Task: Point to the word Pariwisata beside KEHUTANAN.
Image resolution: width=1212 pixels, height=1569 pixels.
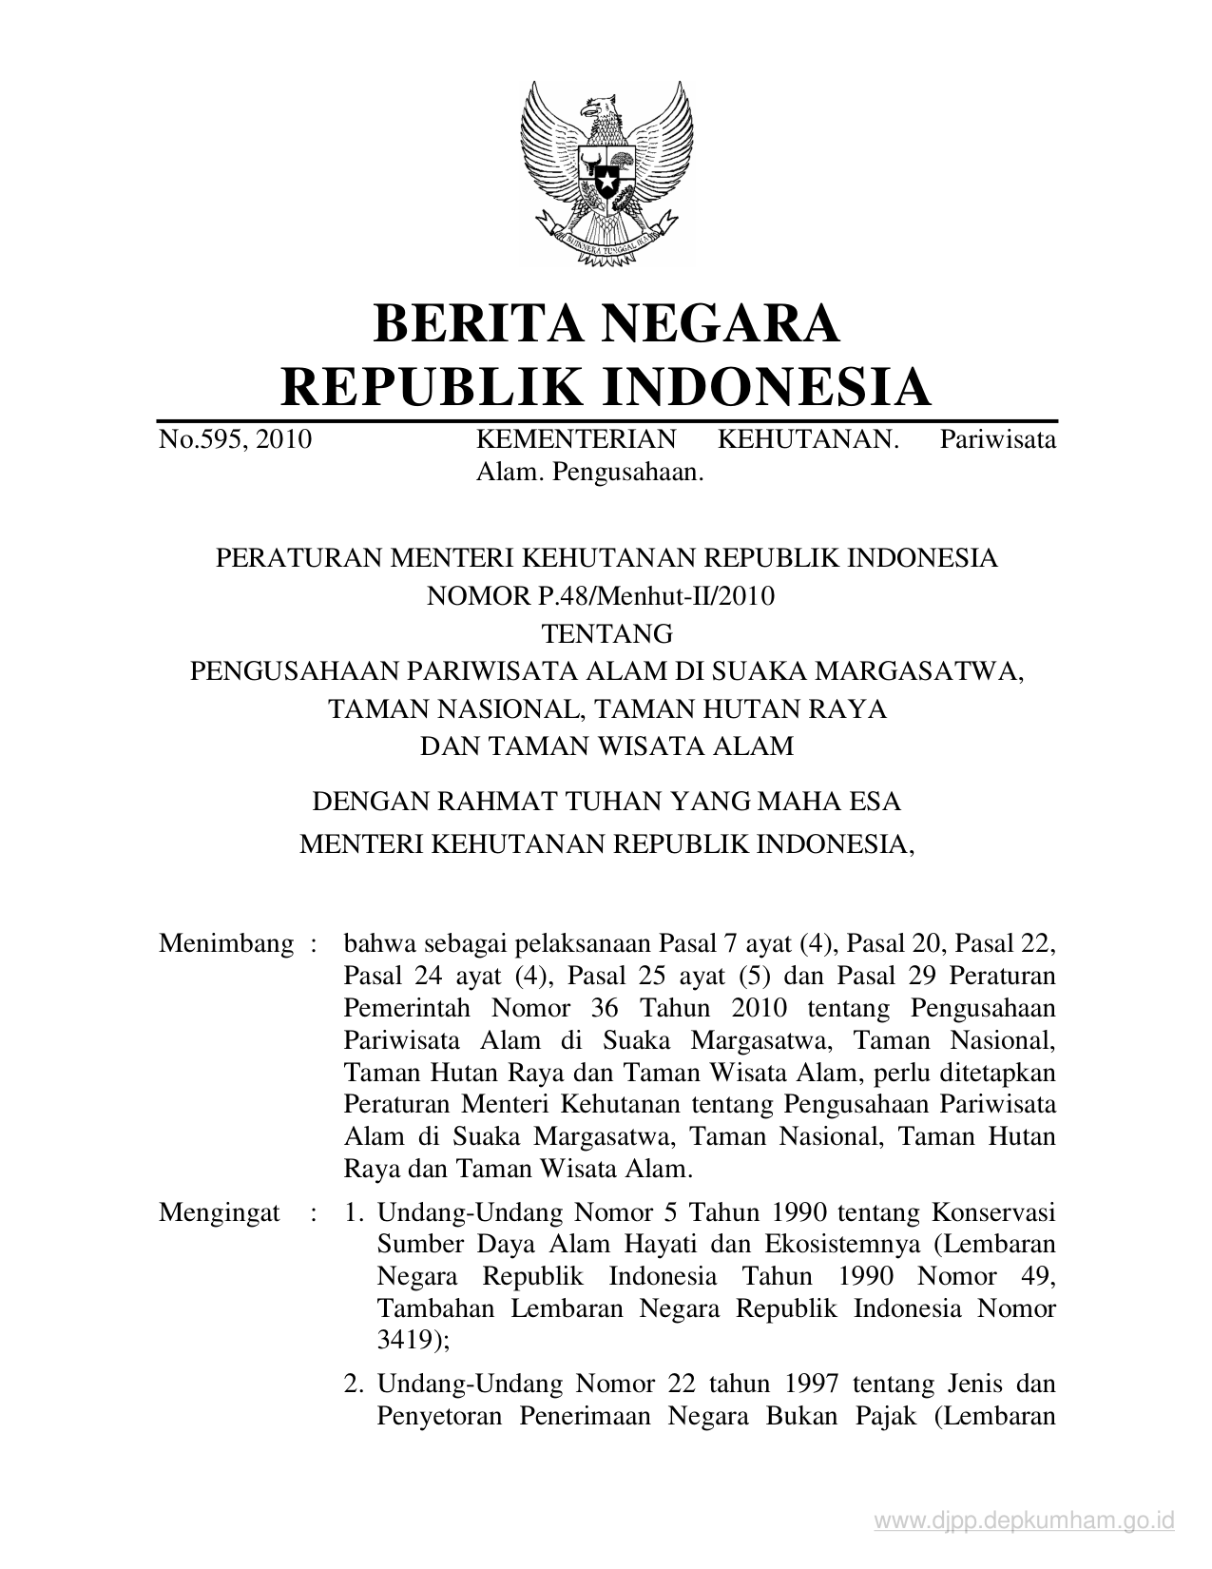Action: click(x=998, y=439)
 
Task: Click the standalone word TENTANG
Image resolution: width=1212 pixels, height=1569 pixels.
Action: click(x=606, y=633)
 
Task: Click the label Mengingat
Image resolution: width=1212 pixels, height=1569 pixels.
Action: click(x=220, y=1212)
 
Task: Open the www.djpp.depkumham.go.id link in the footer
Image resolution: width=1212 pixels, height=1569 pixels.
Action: click(x=1024, y=1522)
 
